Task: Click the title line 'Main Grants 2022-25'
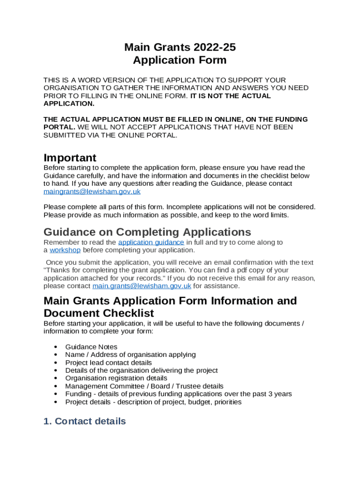180,47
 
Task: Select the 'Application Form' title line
180,60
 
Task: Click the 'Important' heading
70,158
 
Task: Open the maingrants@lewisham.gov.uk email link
92,192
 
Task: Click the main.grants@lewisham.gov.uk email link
142,286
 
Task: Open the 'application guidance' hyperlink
151,242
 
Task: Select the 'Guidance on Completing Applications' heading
147,232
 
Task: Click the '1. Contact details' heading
85,421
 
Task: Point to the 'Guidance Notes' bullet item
91,347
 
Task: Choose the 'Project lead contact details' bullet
108,363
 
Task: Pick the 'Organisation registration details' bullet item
116,378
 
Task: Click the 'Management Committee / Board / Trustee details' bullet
144,386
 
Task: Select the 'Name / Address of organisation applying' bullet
130,355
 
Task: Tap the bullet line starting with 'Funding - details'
178,394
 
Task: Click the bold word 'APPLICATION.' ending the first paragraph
69,103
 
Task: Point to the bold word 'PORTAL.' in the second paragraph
59,127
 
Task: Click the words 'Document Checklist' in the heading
99,313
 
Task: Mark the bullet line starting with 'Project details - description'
153,402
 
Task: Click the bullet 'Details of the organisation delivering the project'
141,370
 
